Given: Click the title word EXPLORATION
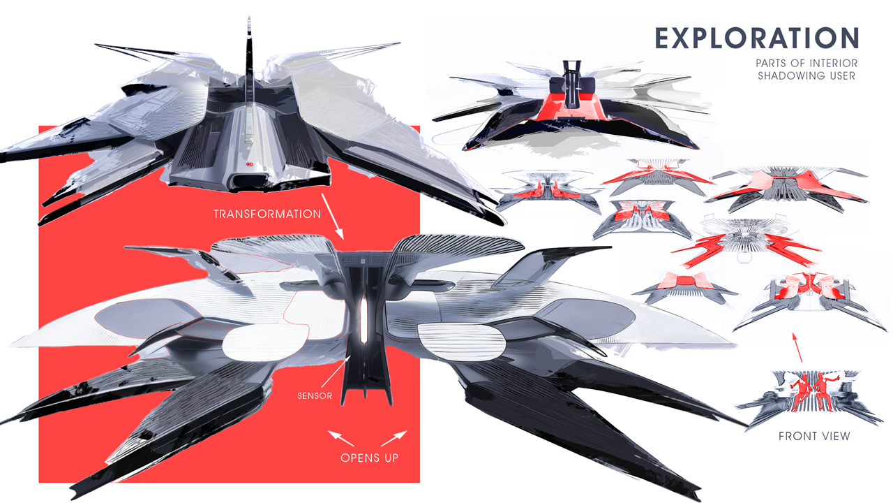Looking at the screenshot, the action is point(756,39).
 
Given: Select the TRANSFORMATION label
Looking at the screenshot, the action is point(267,214).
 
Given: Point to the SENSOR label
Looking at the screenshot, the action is point(314,396).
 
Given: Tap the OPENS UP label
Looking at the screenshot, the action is point(370,459).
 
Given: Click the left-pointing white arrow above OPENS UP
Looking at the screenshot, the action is point(341,438).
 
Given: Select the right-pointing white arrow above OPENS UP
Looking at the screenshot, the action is point(395,438).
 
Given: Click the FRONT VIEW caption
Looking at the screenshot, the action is point(814,437).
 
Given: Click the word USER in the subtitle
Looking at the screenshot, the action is point(841,75).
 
